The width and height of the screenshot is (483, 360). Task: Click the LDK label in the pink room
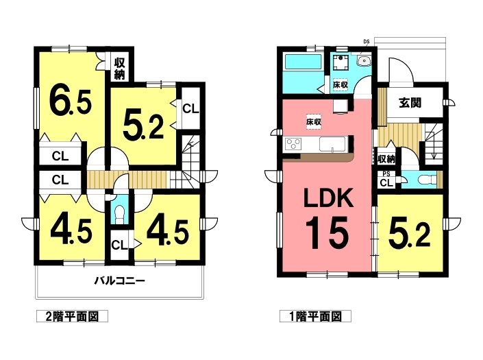point(328,199)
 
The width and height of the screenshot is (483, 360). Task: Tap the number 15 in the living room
point(327,232)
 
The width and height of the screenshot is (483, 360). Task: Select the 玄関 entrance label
point(410,102)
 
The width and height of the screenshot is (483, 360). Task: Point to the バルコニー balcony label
point(119,280)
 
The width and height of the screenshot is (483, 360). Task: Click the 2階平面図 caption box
point(72,316)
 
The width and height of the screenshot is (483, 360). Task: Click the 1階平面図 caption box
point(315,316)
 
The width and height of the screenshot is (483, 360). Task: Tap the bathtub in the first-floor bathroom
point(303,62)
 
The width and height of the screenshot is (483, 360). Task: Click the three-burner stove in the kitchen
point(293,144)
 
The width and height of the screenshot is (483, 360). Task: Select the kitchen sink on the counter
point(333,144)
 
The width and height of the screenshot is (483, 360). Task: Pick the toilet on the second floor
point(119,213)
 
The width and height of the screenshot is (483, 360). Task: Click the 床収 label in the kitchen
point(314,122)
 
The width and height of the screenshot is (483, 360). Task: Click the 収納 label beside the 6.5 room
point(119,69)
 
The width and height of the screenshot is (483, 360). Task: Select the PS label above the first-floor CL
point(386,174)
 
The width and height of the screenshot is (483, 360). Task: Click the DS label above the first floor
point(367,41)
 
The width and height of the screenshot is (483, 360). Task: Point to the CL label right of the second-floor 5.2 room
point(190,108)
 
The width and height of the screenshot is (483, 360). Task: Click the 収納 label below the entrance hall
point(386,159)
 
